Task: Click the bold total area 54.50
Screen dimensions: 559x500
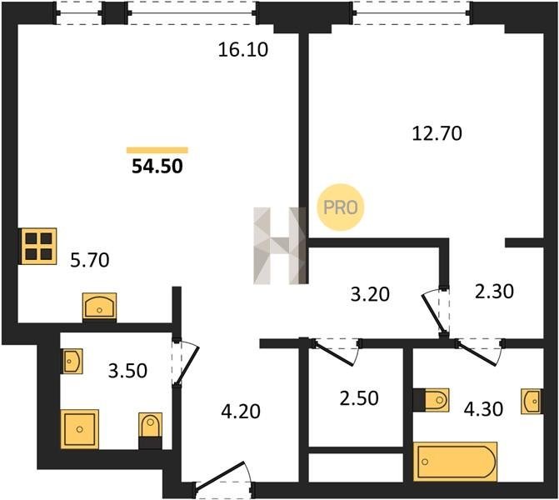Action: pyautogui.click(x=157, y=166)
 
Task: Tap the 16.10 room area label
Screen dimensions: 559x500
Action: pyautogui.click(x=242, y=49)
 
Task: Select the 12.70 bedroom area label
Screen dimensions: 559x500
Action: pyautogui.click(x=437, y=133)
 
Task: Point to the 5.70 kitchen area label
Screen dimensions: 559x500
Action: pyautogui.click(x=90, y=260)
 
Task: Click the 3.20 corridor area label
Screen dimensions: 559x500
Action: pyautogui.click(x=370, y=294)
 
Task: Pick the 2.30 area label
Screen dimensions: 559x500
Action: pyautogui.click(x=494, y=291)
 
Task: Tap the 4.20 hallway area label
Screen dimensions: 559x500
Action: pyautogui.click(x=241, y=411)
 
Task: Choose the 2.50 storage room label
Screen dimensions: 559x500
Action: pyautogui.click(x=359, y=398)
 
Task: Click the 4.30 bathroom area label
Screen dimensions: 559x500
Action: pyautogui.click(x=483, y=409)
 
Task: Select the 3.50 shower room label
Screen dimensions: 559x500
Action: pyautogui.click(x=127, y=371)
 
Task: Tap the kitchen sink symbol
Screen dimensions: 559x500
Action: pyautogui.click(x=99, y=306)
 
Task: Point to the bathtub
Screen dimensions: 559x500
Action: pyautogui.click(x=455, y=462)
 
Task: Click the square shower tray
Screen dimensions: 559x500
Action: pyautogui.click(x=79, y=429)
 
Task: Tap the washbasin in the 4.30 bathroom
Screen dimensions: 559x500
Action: pyautogui.click(x=532, y=401)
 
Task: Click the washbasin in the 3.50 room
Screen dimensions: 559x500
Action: pyautogui.click(x=72, y=362)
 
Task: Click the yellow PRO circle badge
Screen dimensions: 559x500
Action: pyautogui.click(x=341, y=207)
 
